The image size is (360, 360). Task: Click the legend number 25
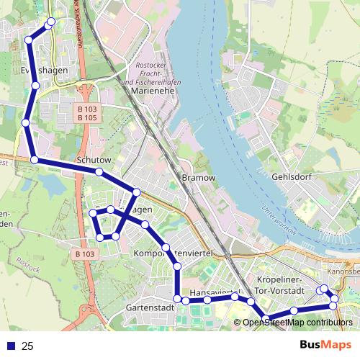(27, 346)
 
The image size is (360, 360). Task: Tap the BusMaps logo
(325, 345)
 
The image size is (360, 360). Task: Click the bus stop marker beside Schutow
(99, 171)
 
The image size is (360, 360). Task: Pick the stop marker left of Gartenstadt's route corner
(177, 298)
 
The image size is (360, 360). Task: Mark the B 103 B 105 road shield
(86, 113)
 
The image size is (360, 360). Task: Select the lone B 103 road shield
(84, 253)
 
